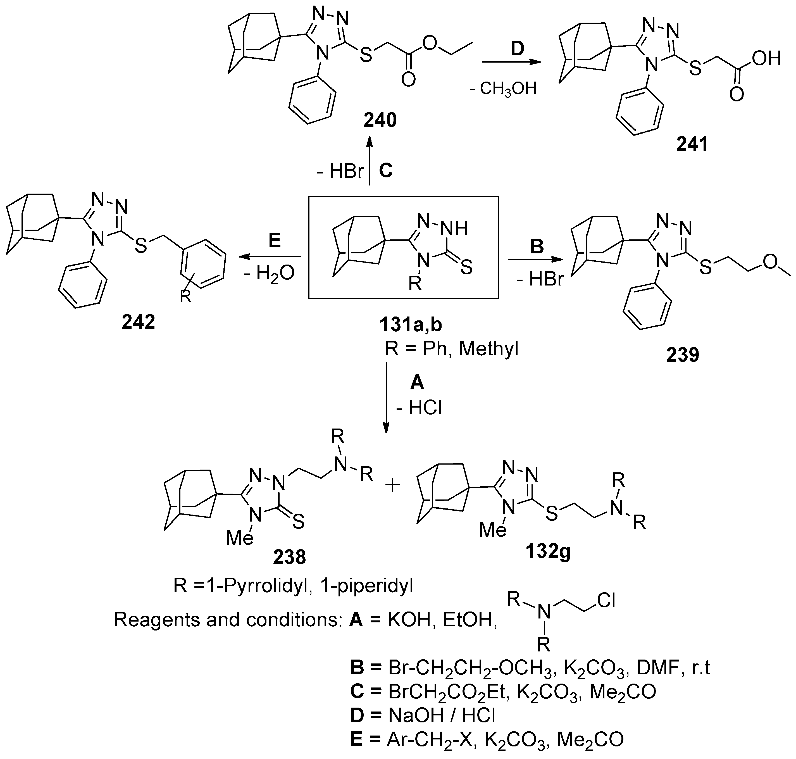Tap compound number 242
click(x=138, y=322)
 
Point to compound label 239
click(x=683, y=355)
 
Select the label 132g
click(x=548, y=551)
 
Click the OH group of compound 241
click(x=766, y=59)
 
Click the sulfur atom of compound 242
click(x=141, y=246)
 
